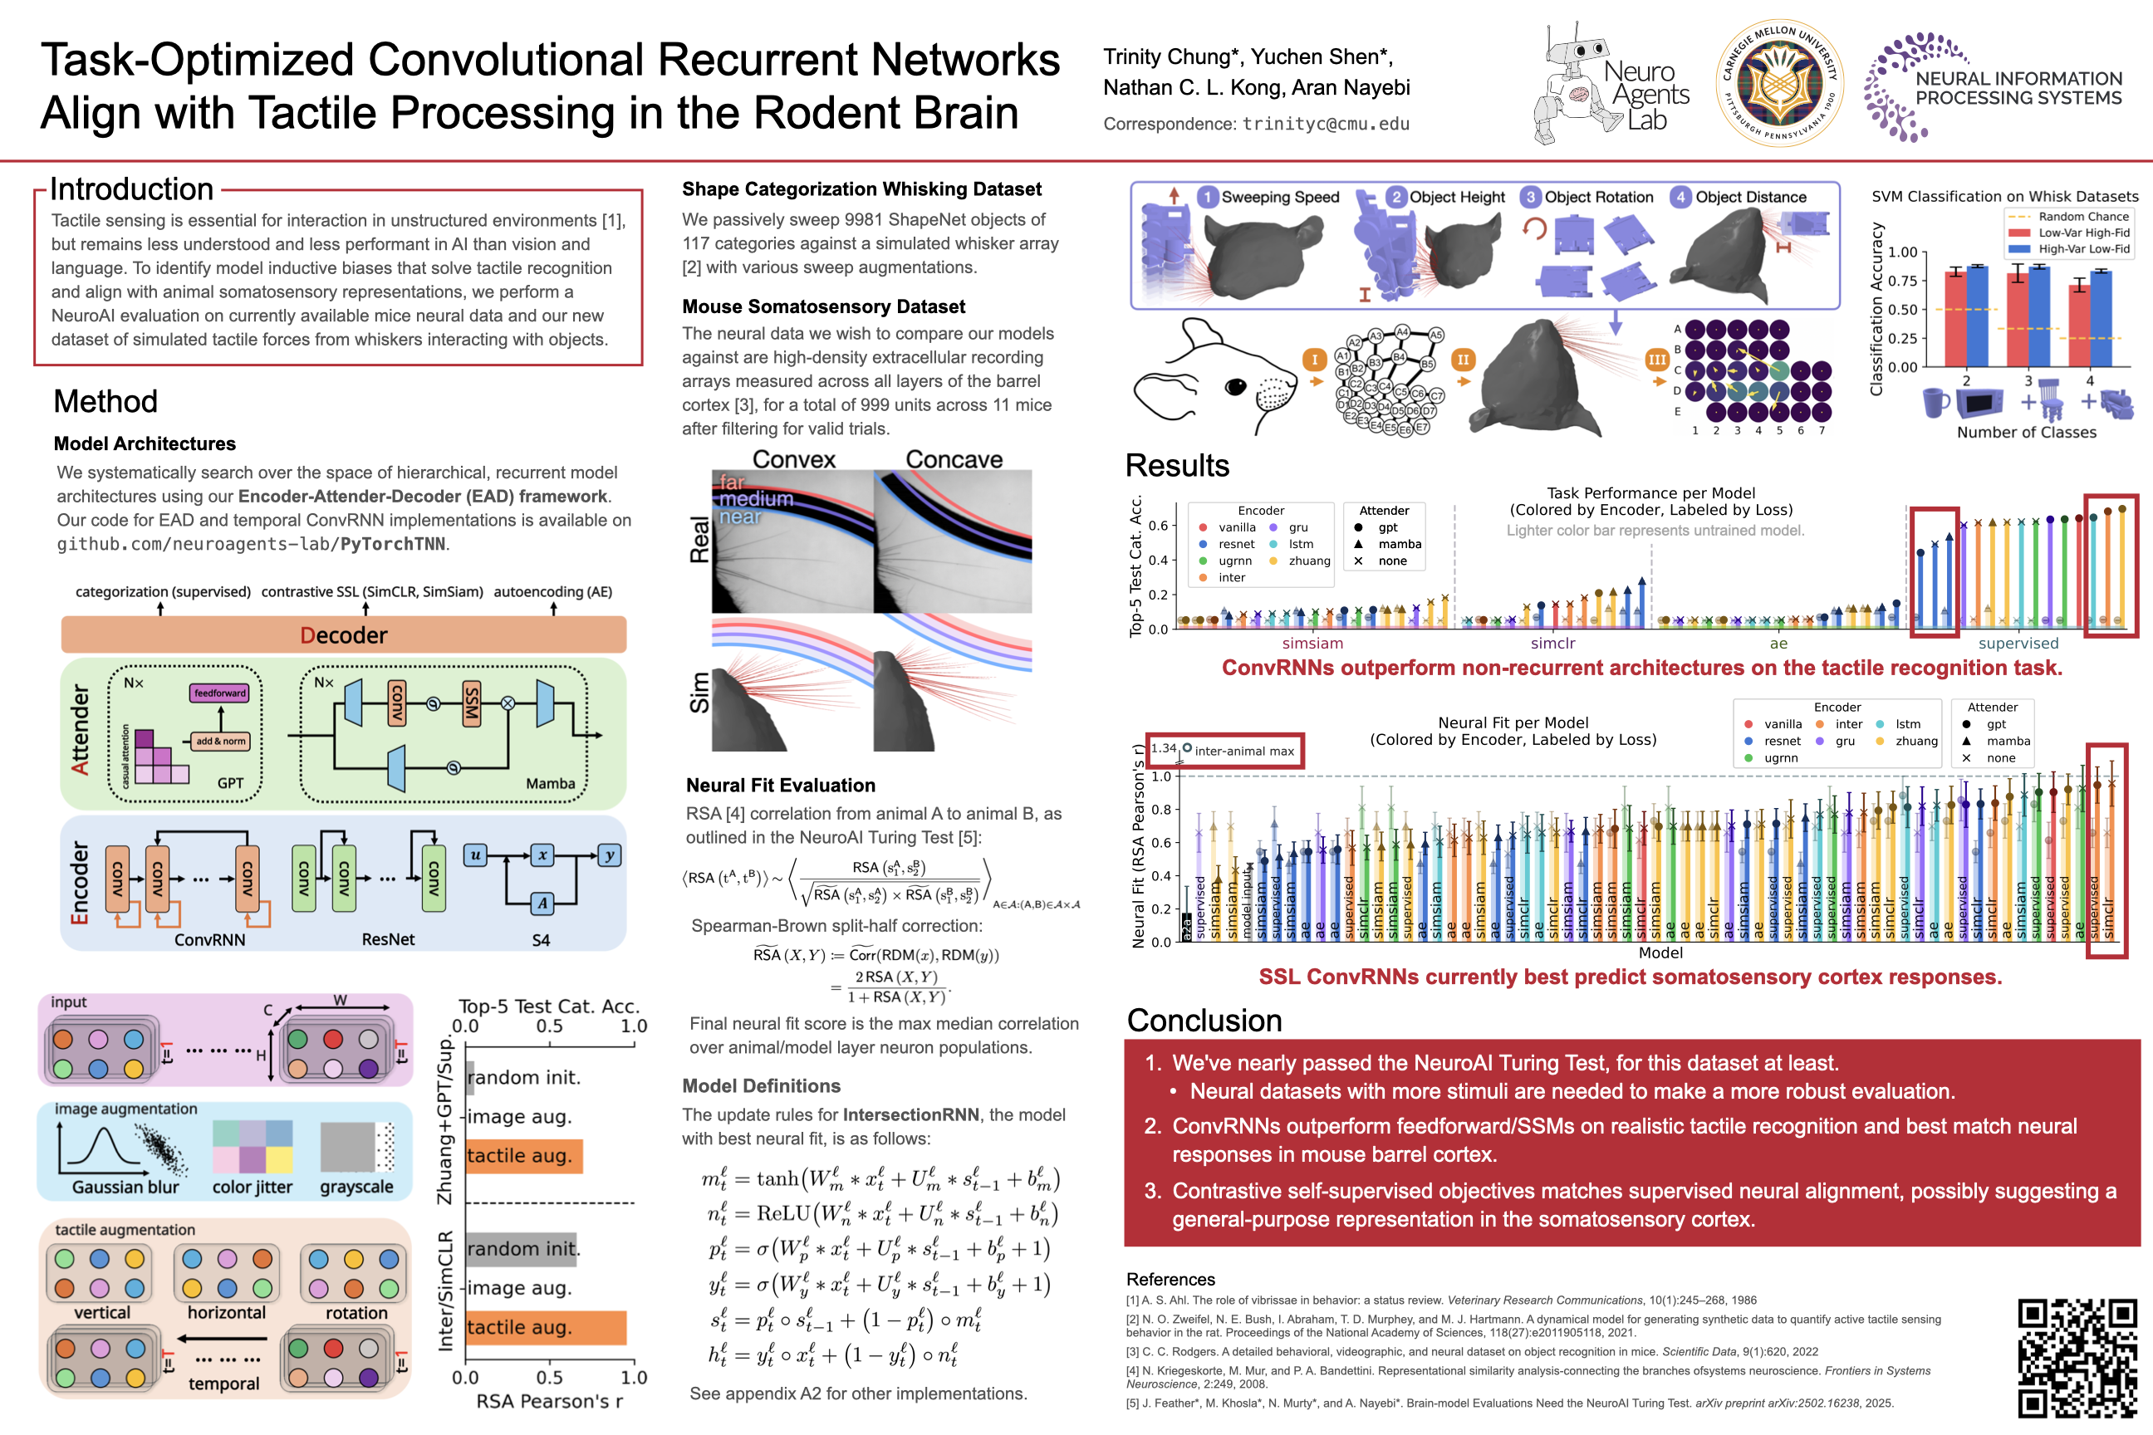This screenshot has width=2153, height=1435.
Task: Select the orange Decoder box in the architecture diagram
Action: (x=343, y=634)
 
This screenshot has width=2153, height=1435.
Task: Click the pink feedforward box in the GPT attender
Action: (x=219, y=693)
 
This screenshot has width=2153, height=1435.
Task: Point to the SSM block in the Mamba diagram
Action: (x=472, y=703)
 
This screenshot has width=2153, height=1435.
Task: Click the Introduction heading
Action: (x=132, y=189)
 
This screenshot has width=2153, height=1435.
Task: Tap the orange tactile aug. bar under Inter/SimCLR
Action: (x=546, y=1327)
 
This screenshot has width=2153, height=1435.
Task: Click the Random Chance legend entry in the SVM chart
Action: (x=2082, y=217)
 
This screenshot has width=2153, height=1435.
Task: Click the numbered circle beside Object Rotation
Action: (x=1530, y=197)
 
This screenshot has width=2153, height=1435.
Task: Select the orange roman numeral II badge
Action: (x=1463, y=360)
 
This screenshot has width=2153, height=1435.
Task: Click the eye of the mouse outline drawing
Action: (x=1236, y=387)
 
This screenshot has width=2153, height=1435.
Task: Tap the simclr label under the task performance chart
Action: (x=1552, y=644)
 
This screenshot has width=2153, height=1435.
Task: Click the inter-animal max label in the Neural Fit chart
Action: (x=1243, y=752)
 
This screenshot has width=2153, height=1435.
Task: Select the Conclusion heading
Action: (x=1204, y=1020)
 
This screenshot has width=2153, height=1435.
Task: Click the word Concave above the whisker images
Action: (x=954, y=459)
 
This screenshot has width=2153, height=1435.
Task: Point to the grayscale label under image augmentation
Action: (x=356, y=1187)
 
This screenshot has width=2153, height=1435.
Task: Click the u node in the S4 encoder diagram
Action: (x=475, y=855)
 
